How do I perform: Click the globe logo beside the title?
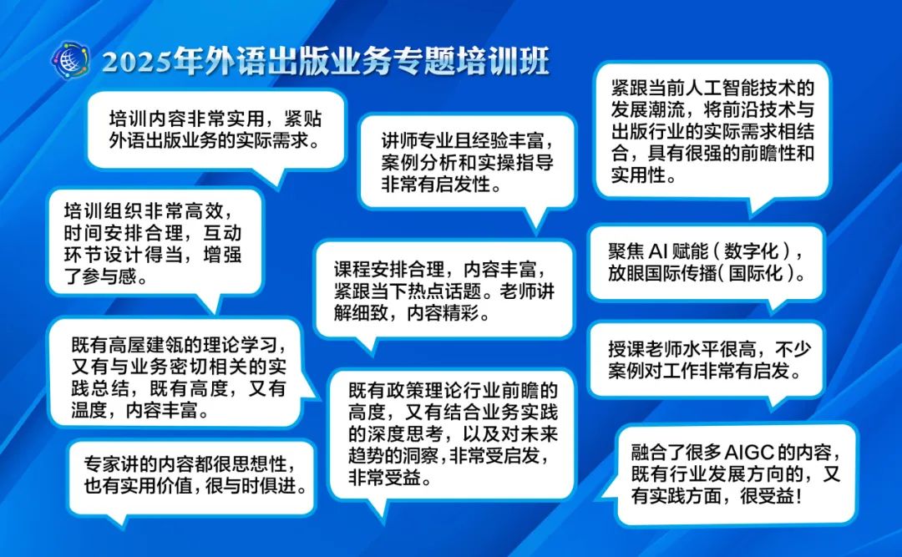(x=69, y=60)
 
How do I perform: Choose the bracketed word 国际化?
(x=756, y=273)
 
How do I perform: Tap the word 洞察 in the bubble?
(x=422, y=456)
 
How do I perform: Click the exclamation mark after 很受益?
(x=797, y=495)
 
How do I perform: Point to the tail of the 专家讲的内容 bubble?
(x=117, y=519)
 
